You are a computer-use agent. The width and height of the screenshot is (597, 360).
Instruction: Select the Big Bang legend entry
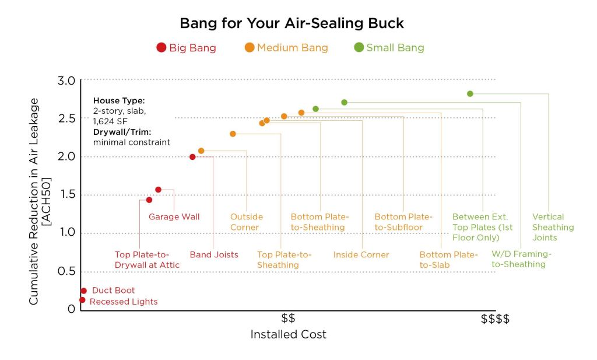point(187,48)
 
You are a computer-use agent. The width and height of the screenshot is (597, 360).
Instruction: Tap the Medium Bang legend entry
point(286,48)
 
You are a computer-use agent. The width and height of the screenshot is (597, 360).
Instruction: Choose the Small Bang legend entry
point(389,48)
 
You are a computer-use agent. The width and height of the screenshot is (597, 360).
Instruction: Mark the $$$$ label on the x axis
point(495,319)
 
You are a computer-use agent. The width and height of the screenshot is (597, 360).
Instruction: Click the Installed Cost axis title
point(288,335)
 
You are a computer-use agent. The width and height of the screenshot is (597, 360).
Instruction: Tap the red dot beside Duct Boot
point(83,291)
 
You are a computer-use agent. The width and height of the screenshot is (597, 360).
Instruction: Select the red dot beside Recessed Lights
point(82,300)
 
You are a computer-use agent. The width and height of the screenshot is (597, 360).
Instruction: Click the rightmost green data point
point(470,93)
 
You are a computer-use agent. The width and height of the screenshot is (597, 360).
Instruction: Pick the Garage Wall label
point(174,217)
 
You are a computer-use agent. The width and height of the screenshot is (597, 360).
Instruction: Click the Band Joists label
point(214,255)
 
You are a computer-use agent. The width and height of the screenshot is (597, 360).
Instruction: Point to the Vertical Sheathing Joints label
point(553,227)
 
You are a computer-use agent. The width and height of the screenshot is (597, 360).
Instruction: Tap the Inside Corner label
point(361,255)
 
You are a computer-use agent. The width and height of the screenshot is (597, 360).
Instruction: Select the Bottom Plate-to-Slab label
point(448,260)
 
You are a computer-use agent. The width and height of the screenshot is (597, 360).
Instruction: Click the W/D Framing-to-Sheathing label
point(521,259)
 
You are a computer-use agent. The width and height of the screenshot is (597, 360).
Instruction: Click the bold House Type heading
point(119,100)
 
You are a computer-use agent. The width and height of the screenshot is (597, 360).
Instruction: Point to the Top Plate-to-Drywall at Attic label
point(147,260)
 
